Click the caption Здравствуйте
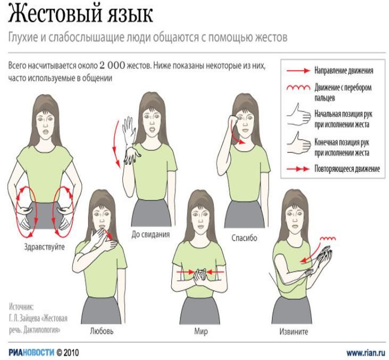coord(44,247)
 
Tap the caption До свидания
coord(151,235)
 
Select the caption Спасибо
coord(244,238)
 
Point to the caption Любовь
coord(102,331)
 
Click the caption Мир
coord(201,331)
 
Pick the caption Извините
coord(294,331)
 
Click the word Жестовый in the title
coord(55,14)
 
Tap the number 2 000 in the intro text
coord(112,66)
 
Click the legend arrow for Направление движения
coord(298,71)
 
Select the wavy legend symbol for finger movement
coord(298,88)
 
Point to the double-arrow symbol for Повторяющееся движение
coord(298,169)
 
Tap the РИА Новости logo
coord(31,353)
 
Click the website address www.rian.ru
coord(365,353)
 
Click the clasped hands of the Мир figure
coord(201,275)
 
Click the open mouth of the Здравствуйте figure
coord(46,131)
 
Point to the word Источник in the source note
coord(21,307)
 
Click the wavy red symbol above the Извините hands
coord(328,239)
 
